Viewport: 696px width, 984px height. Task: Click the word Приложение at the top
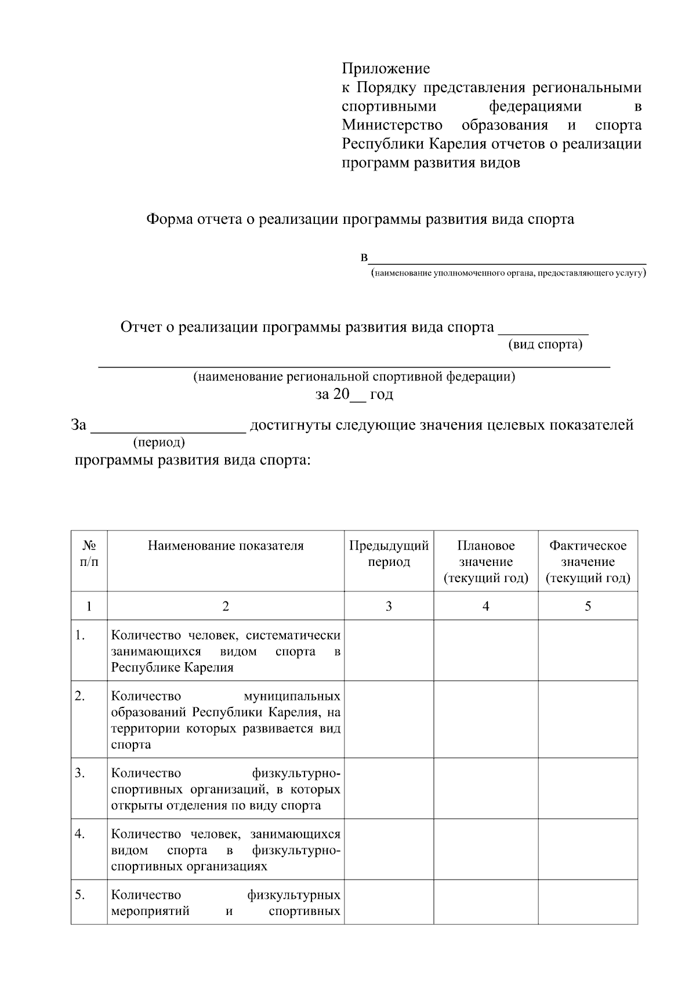point(386,69)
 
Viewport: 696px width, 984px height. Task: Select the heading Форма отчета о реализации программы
point(360,219)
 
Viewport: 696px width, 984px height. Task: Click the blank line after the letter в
point(507,260)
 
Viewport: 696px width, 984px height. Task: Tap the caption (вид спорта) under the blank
point(545,344)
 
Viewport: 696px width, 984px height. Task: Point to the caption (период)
point(159,443)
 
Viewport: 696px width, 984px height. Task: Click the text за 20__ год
point(354,394)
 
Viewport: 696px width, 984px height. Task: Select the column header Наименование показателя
point(226,546)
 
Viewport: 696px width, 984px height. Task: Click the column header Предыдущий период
point(389,554)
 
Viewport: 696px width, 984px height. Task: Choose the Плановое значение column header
point(485,561)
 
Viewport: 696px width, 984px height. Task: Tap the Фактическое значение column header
point(588,561)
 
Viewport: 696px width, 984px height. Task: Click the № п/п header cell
point(89,554)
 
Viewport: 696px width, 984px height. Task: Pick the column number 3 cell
point(389,606)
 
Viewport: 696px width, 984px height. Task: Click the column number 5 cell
point(588,606)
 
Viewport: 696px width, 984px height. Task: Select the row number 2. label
point(80,696)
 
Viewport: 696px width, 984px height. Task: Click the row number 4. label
point(80,834)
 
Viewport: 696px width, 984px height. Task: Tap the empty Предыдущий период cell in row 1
point(389,650)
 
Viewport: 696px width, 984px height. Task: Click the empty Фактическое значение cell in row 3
point(588,788)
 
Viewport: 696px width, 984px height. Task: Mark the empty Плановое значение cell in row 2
point(485,719)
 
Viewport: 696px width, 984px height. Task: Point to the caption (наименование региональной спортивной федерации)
point(354,377)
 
